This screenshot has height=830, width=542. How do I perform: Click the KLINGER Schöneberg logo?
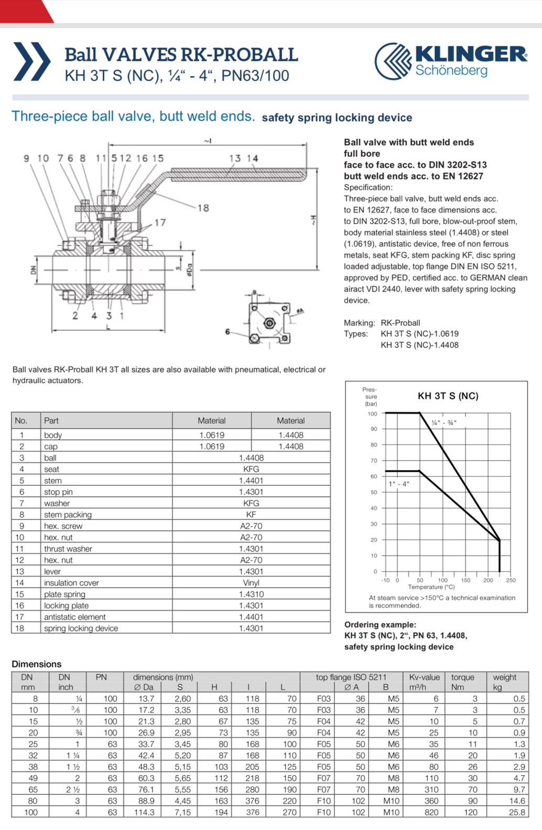point(451,61)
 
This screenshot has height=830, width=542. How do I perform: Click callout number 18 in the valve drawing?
point(203,208)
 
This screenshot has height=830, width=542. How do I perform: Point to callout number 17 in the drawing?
point(160,222)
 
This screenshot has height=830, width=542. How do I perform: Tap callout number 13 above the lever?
point(235,158)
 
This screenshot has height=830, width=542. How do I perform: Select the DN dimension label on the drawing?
point(33,270)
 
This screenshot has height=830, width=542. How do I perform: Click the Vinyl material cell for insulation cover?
point(251,583)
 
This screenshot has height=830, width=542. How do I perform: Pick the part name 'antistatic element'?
point(74,617)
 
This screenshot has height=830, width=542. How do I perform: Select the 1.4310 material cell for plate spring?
point(251,594)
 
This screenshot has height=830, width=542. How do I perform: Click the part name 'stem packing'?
point(68,515)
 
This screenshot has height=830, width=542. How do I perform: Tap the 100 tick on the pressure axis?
point(372,414)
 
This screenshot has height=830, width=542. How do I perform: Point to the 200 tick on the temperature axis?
point(488,580)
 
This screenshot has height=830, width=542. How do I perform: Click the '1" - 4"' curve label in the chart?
point(399,484)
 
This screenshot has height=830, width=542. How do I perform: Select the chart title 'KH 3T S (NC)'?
point(448,396)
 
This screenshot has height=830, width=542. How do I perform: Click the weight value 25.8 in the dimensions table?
point(517,812)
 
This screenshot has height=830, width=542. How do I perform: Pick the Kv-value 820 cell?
point(431,812)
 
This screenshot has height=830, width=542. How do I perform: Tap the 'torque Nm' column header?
point(463,682)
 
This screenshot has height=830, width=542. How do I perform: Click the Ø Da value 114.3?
point(144,812)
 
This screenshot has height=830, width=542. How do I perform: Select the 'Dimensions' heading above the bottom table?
point(37,664)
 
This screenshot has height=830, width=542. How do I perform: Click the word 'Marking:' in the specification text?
point(359,323)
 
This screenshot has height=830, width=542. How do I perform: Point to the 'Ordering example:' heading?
point(380,624)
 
